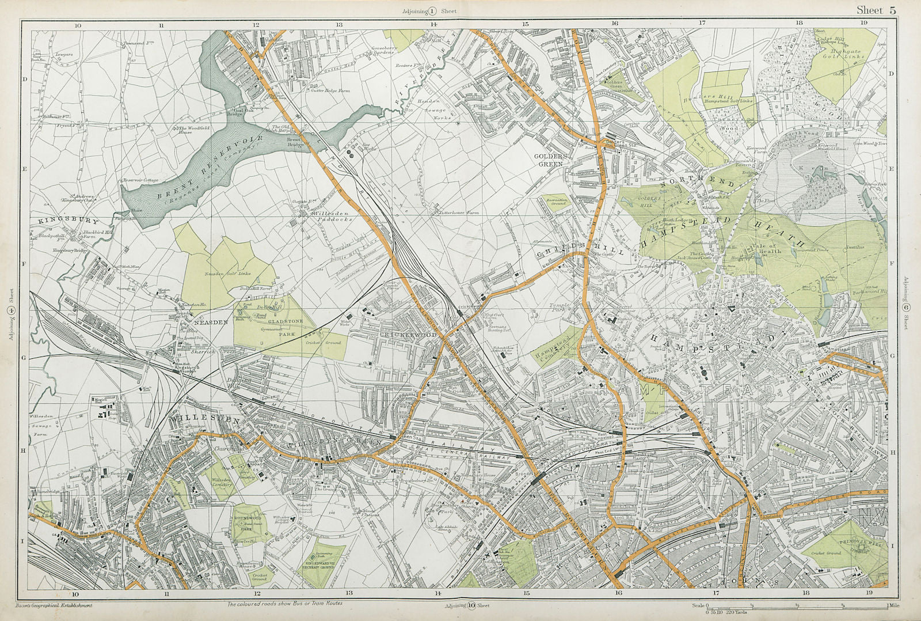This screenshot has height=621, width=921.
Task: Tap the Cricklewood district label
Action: click(x=409, y=335)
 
